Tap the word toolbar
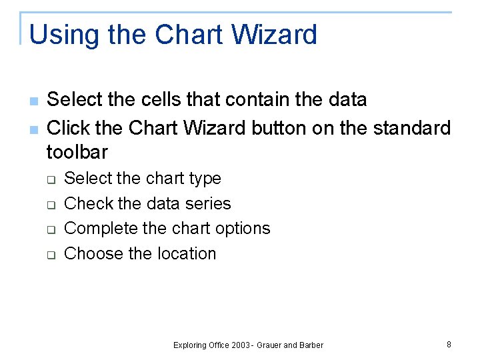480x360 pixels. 77,153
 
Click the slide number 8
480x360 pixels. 449,345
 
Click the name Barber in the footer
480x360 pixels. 311,345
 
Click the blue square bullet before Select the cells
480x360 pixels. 33,101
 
